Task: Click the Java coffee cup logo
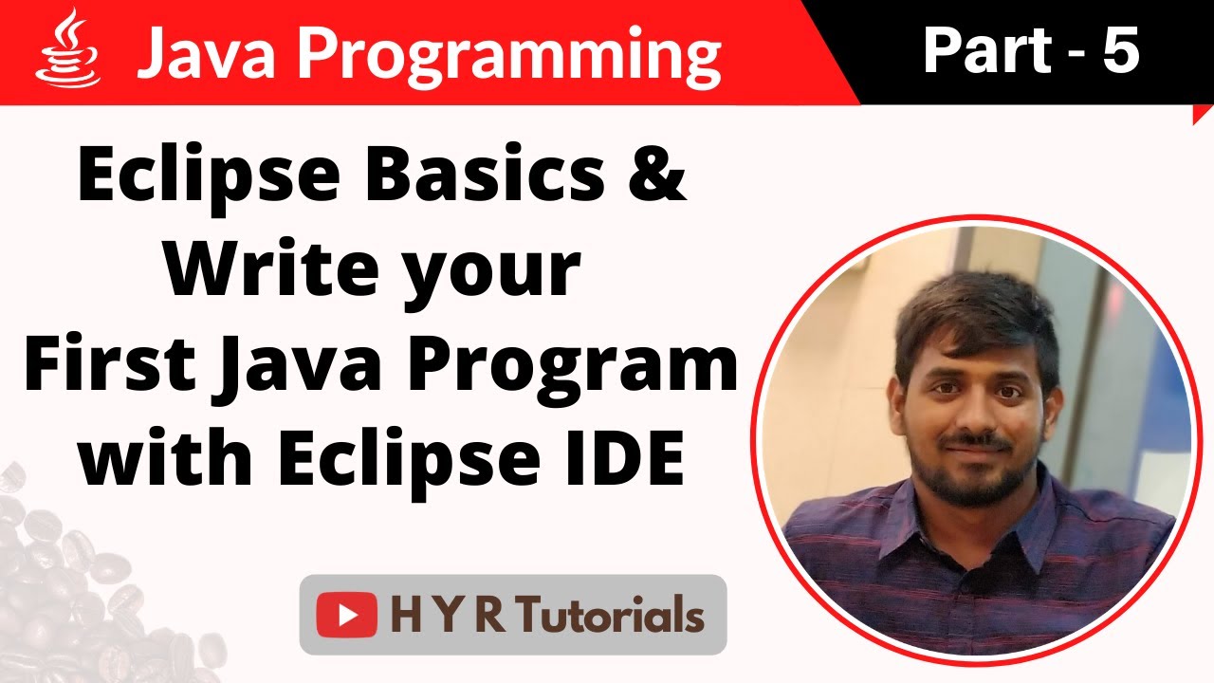pyautogui.click(x=67, y=49)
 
